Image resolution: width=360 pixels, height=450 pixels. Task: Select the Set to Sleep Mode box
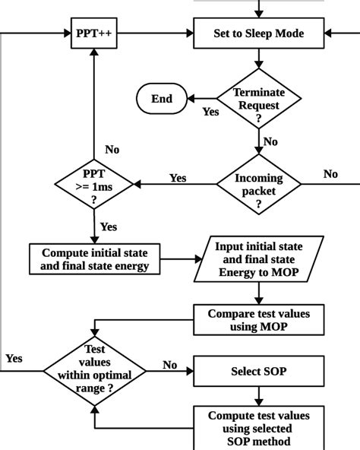coord(258,33)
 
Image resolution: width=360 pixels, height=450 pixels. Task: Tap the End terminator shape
coord(160,98)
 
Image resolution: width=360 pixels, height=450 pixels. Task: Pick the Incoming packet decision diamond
coord(259,183)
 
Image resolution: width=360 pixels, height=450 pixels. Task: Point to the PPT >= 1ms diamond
coord(93,183)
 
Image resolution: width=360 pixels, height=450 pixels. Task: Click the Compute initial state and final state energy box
coord(95,258)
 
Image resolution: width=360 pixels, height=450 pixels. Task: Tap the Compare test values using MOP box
coord(259,320)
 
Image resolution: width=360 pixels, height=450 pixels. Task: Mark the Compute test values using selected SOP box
coord(259,427)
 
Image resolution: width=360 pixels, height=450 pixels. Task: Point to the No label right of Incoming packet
coord(330,174)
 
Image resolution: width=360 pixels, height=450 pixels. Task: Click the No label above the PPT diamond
coord(112,150)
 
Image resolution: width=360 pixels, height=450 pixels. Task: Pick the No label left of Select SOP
coord(170,365)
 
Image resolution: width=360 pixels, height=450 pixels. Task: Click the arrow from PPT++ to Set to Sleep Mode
coord(156,33)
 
